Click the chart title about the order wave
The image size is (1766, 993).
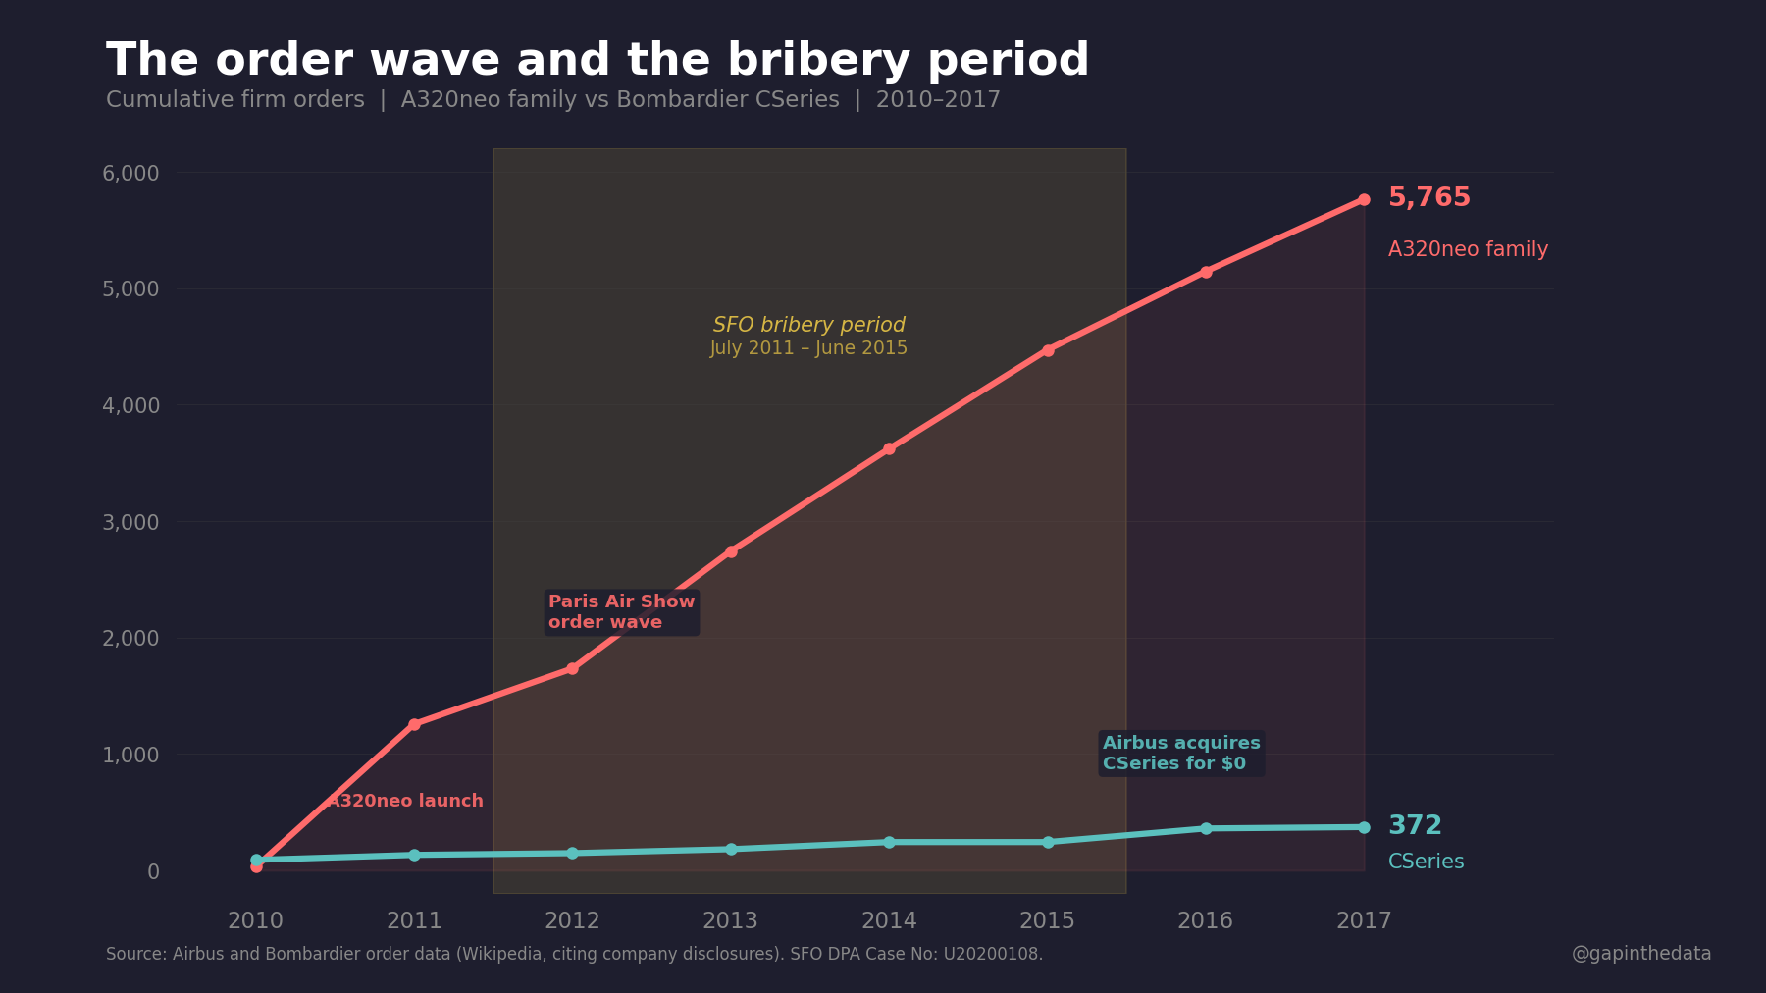coord(597,61)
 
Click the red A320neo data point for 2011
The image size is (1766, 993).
coord(414,724)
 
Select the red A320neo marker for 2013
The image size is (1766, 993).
coord(731,551)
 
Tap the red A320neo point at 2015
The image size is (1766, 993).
coord(1048,350)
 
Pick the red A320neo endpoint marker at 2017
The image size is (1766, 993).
coord(1364,199)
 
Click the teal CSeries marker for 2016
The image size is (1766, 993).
coord(1206,829)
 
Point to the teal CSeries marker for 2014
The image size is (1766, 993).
coord(889,842)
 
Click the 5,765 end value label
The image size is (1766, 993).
coord(1428,197)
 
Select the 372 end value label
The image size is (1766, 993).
coord(1414,825)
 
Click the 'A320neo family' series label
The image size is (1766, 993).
coord(1467,249)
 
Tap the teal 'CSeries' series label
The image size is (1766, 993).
coord(1426,862)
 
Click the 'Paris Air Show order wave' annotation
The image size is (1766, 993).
coord(621,612)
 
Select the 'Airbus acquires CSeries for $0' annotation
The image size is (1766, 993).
coord(1180,754)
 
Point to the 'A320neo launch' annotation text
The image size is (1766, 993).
coord(405,801)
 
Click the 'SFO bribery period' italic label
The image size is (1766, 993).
coord(808,325)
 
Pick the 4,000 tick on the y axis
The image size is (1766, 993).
coord(130,405)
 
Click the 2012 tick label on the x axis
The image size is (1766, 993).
coord(572,920)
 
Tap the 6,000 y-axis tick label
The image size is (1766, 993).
coord(130,173)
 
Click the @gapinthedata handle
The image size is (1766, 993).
coord(1640,954)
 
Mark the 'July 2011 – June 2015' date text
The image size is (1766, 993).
coord(808,348)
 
